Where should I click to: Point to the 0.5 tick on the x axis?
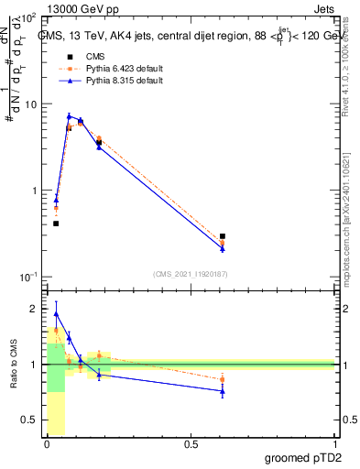pyautogui.click(x=191, y=445)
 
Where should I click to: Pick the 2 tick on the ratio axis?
pyautogui.click(x=34, y=309)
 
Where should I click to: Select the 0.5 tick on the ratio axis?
pyautogui.click(x=31, y=420)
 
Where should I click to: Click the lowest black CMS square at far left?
pyautogui.click(x=56, y=224)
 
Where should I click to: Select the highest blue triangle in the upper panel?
pyautogui.click(x=69, y=116)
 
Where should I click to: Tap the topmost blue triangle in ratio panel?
pyautogui.click(x=56, y=313)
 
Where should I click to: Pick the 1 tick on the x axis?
pyautogui.click(x=335, y=445)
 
